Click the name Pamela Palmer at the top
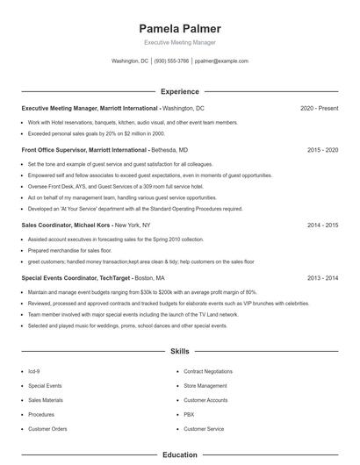coord(179,28)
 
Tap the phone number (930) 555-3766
coord(171,61)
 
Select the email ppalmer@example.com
coord(221,61)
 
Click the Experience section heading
coord(179,91)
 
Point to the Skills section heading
coord(179,351)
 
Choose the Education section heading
coord(179,455)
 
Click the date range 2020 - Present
coord(319,108)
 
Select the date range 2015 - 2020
coord(322,150)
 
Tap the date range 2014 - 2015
coord(322,225)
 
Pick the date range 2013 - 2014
coord(322,277)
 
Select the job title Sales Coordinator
coord(46,225)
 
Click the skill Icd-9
coord(34,371)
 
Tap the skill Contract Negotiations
coord(208,371)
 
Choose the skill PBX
coord(189,414)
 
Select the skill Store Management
coord(205,385)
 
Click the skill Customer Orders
coord(47,429)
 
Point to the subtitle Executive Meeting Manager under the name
coord(179,42)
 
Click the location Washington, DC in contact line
coord(130,61)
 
